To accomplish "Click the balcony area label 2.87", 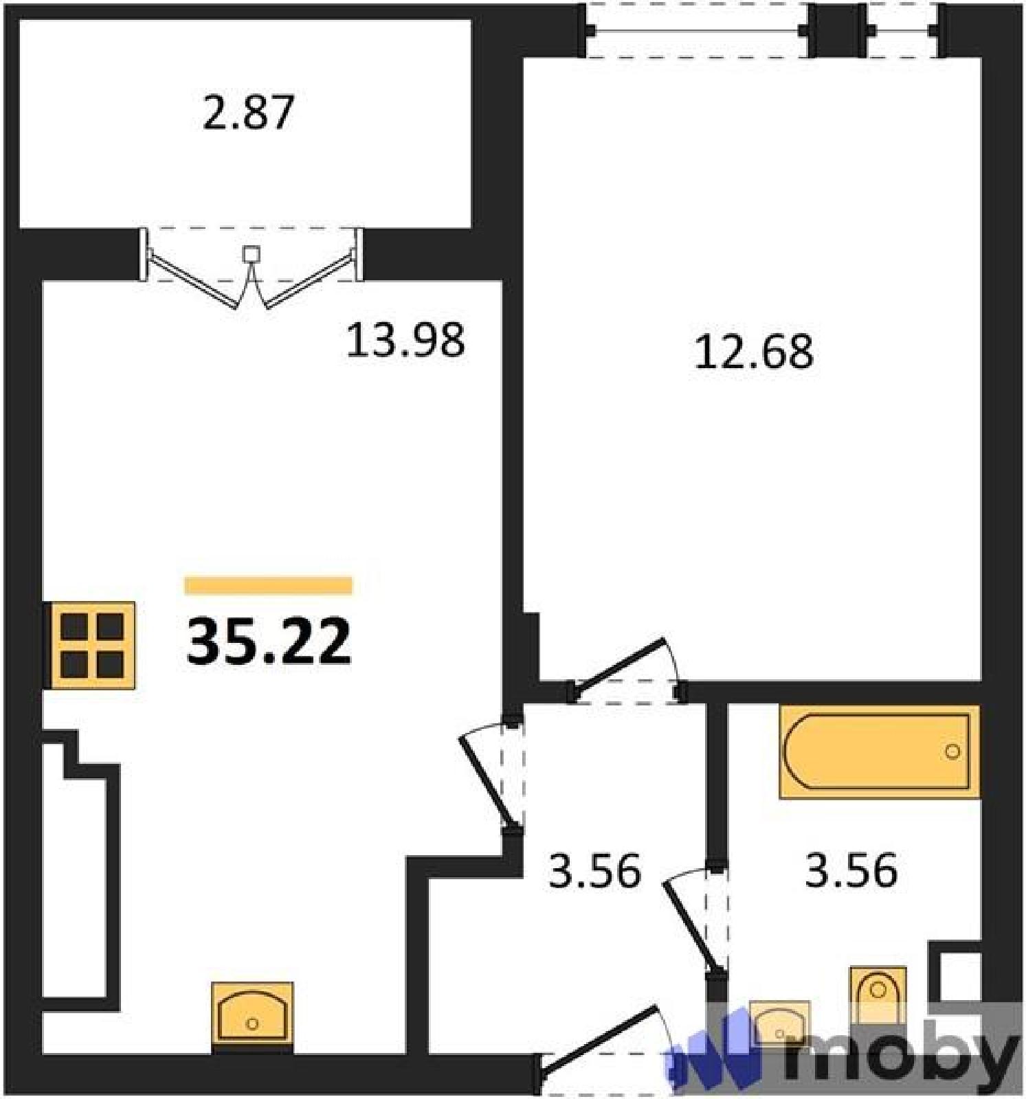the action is click(248, 113).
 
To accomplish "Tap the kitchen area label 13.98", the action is click(405, 341).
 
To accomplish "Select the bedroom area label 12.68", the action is click(754, 352).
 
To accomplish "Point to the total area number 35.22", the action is click(269, 642).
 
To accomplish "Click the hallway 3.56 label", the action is click(595, 870).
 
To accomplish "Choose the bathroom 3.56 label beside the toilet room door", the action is click(851, 870).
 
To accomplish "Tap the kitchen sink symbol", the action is click(252, 1014).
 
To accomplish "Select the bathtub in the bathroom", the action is click(879, 751).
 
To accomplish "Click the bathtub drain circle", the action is click(952, 751).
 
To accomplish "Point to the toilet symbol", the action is click(878, 994).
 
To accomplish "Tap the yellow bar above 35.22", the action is click(269, 585).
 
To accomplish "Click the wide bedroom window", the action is click(697, 30).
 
